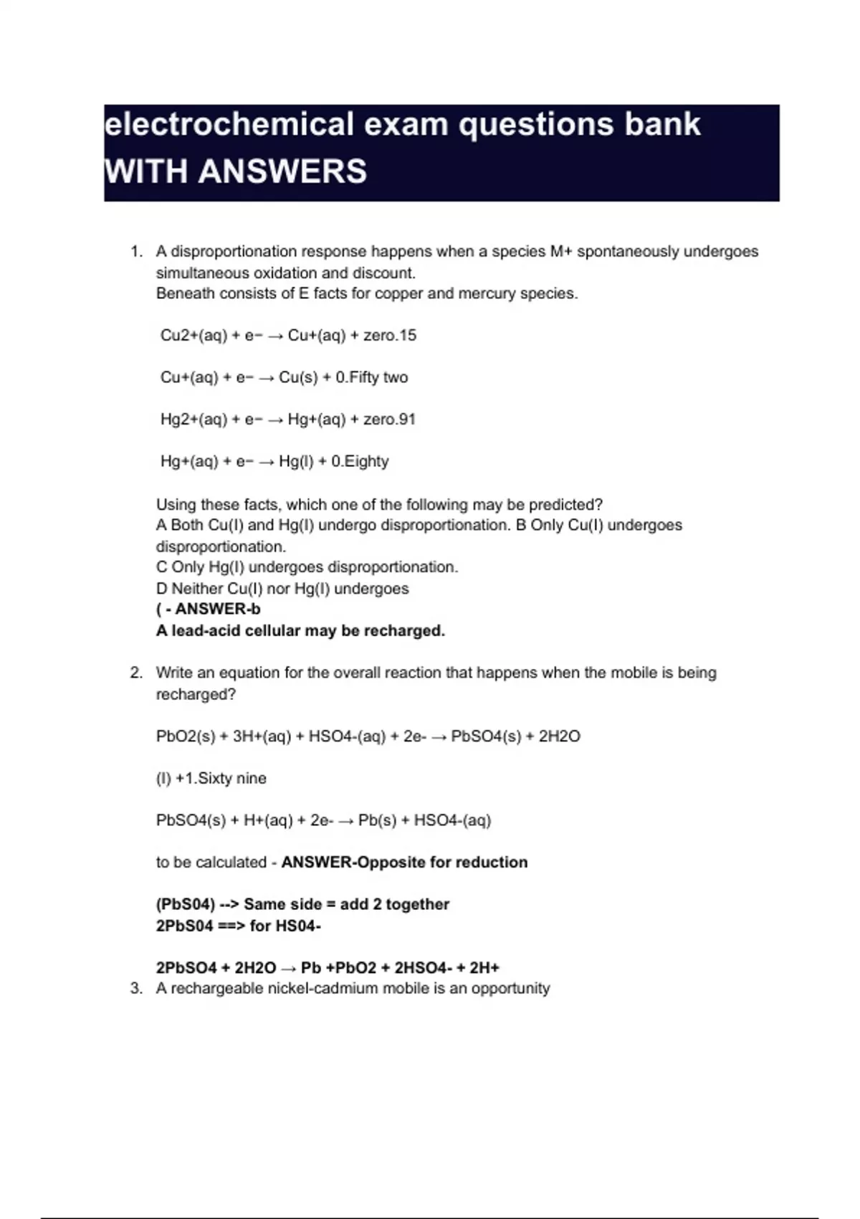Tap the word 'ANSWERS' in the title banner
[282, 171]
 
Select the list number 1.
[135, 252]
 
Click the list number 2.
[135, 673]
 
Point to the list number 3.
[135, 988]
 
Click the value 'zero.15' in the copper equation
[390, 336]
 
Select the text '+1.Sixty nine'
[221, 779]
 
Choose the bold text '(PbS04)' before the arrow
[186, 904]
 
